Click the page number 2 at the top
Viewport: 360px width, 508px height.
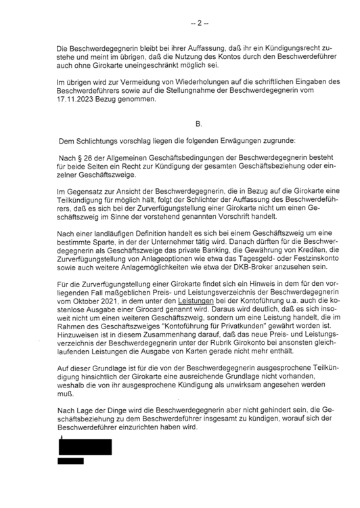click(198, 24)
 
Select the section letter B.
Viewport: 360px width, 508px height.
click(198, 125)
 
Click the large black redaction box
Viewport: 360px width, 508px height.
click(85, 447)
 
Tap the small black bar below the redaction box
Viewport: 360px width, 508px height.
click(70, 461)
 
